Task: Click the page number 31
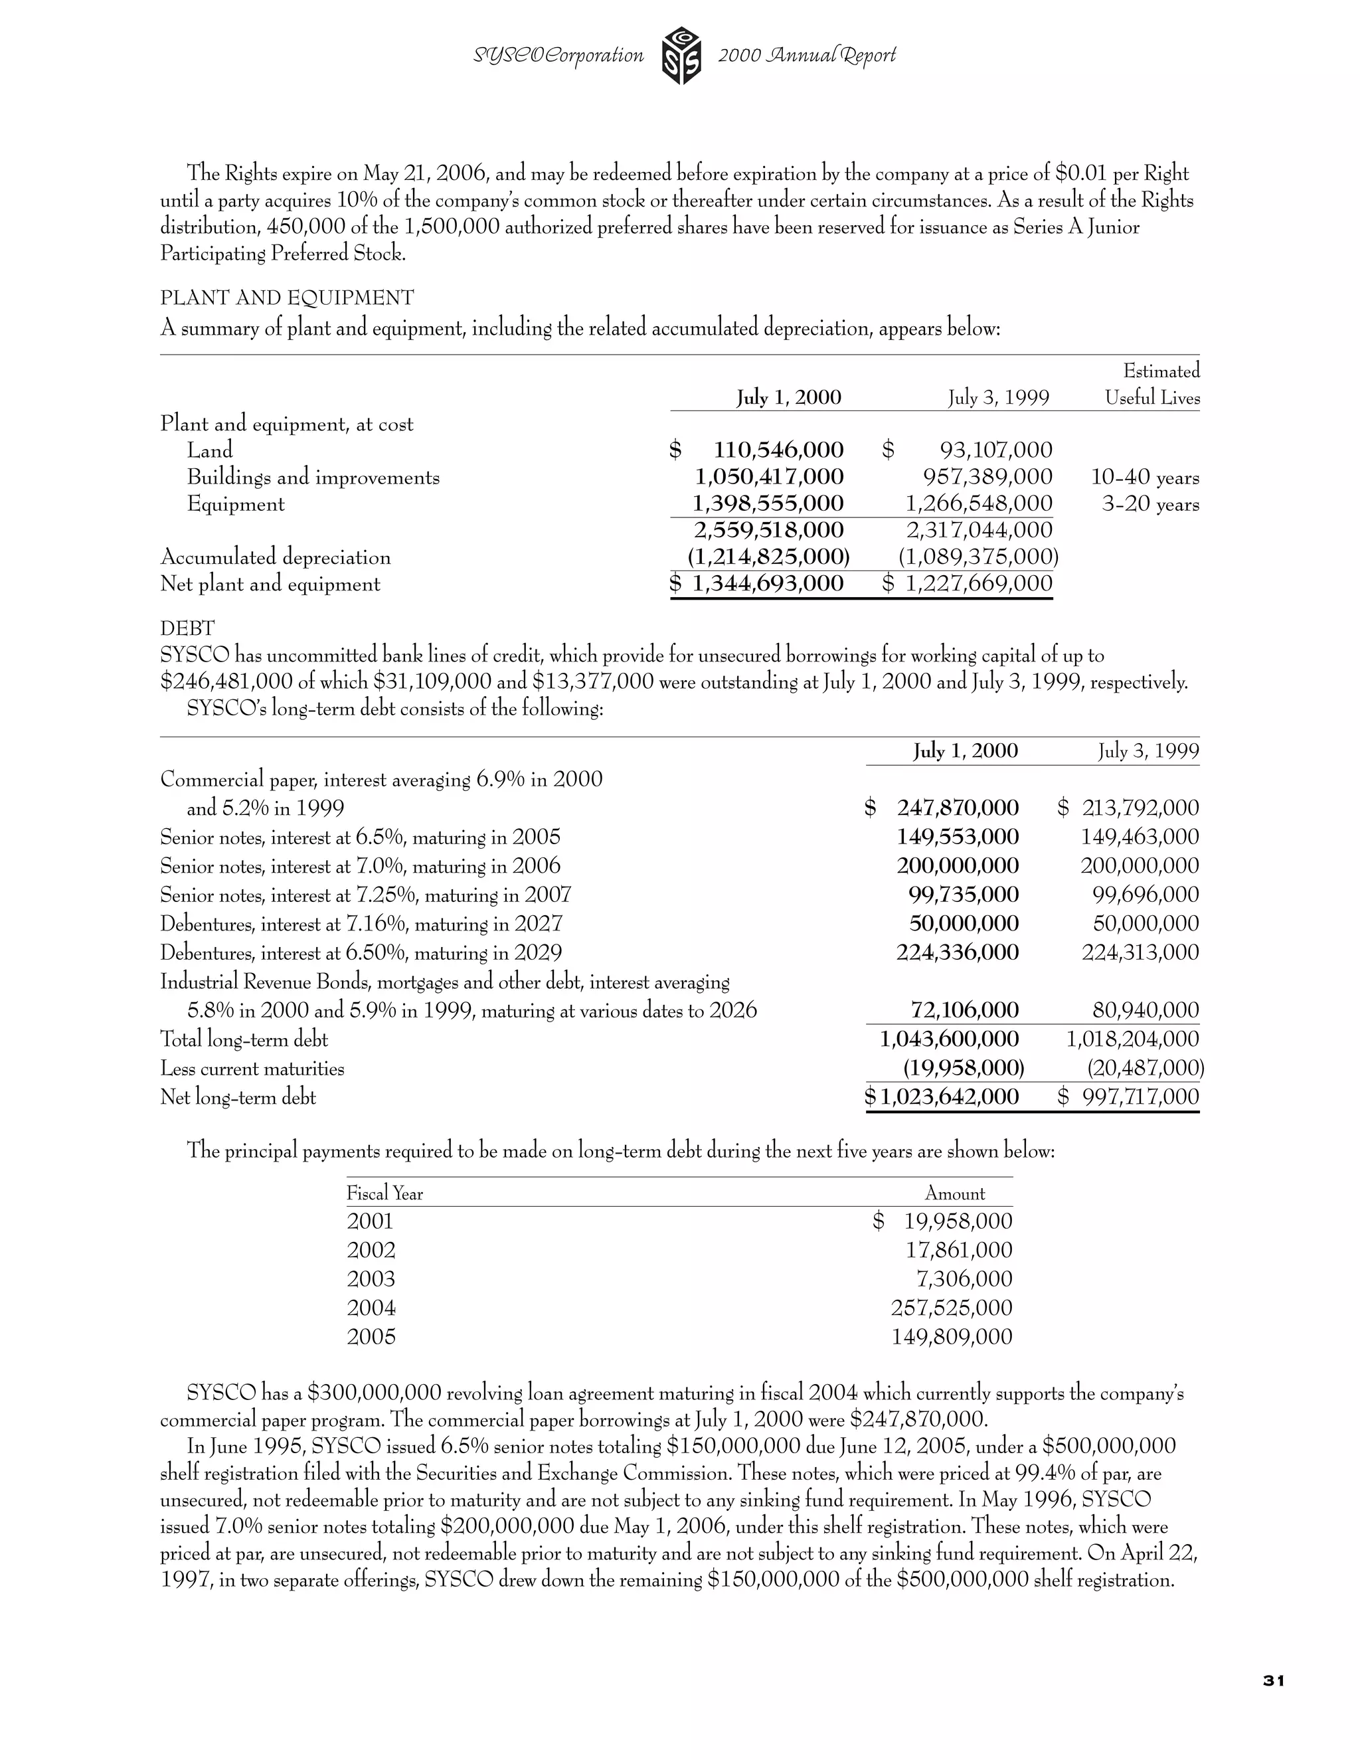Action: click(x=1273, y=1680)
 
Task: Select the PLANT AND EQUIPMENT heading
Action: click(x=287, y=298)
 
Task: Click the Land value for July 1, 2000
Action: click(x=778, y=450)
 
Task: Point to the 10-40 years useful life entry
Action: click(x=1144, y=478)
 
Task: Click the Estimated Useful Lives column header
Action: click(x=1153, y=385)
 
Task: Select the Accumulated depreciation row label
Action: click(x=276, y=558)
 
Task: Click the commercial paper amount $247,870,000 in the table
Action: click(x=957, y=808)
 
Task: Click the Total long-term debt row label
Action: click(x=244, y=1039)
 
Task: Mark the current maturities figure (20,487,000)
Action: click(x=1145, y=1069)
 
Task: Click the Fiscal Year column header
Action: click(x=384, y=1193)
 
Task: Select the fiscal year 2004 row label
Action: click(x=371, y=1308)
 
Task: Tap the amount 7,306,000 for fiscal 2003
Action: click(x=964, y=1279)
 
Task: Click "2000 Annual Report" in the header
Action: click(x=806, y=56)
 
